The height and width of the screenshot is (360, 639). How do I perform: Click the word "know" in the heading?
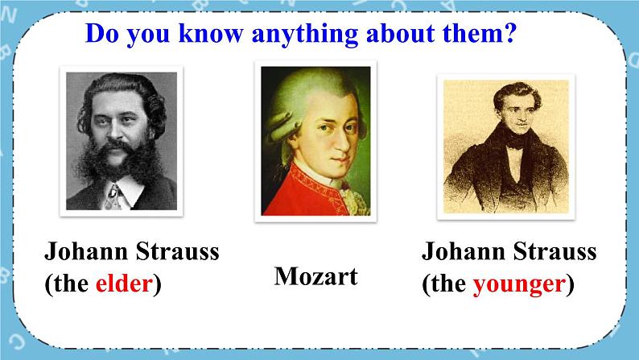tap(211, 33)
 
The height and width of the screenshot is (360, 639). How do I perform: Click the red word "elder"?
tap(124, 283)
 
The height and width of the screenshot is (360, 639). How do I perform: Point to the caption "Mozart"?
tap(315, 276)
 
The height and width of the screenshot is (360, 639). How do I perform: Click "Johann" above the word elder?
tap(86, 250)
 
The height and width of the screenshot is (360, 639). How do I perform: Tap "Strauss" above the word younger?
tap(554, 250)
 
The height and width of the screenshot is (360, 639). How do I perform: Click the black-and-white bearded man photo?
tap(122, 141)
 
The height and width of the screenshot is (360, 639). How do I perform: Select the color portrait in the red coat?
tap(315, 141)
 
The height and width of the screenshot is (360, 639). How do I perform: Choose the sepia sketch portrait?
tap(505, 147)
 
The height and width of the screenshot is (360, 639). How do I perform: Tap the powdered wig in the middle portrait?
tap(294, 102)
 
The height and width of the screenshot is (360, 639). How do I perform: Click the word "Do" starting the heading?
tap(102, 33)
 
